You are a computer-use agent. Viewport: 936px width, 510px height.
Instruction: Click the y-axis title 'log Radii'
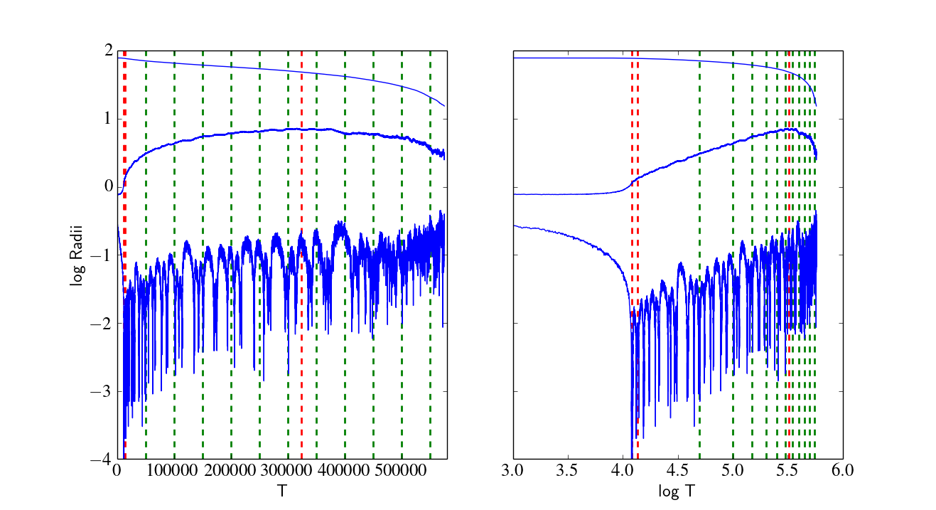[x=77, y=255]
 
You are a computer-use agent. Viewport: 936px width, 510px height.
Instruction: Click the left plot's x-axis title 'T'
[x=282, y=490]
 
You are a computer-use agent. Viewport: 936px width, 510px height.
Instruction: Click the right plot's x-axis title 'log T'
[x=677, y=492]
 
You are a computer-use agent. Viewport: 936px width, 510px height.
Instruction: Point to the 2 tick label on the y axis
[x=109, y=51]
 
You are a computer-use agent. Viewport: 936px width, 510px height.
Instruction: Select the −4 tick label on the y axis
[x=102, y=459]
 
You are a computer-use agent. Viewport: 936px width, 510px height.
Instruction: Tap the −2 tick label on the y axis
[x=102, y=324]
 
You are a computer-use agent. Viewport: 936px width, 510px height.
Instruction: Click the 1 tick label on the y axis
[x=109, y=119]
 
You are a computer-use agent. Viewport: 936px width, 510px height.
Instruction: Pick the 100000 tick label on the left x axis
[x=172, y=470]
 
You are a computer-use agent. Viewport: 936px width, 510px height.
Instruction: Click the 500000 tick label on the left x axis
[x=401, y=470]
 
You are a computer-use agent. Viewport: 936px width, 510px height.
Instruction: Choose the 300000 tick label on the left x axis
[x=286, y=470]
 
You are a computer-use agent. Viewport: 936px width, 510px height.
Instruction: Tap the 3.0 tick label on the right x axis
[x=512, y=470]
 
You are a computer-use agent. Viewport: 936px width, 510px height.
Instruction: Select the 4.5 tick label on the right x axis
[x=677, y=470]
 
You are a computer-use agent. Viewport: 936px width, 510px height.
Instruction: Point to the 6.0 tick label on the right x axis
[x=842, y=470]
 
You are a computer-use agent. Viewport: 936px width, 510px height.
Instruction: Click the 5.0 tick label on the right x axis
[x=733, y=470]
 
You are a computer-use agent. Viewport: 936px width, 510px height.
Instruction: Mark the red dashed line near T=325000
[x=301, y=255]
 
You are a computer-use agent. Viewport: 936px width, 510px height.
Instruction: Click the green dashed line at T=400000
[x=345, y=255]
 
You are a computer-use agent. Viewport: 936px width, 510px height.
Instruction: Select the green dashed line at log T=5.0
[x=733, y=255]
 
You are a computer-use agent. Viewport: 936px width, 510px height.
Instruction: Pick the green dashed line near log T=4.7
[x=700, y=255]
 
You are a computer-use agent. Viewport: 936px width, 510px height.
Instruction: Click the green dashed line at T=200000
[x=231, y=255]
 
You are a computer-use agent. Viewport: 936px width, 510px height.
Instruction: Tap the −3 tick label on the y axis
[x=102, y=392]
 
